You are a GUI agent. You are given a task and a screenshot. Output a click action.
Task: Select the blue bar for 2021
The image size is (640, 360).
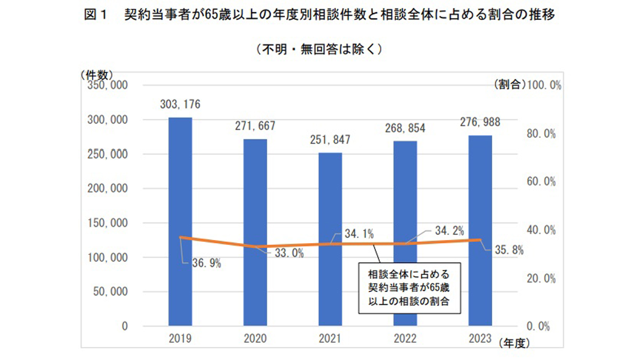[x=330, y=200]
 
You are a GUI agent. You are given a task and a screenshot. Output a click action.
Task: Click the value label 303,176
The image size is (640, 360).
[x=180, y=104]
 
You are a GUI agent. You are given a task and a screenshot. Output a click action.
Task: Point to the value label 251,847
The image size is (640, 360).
[x=330, y=140]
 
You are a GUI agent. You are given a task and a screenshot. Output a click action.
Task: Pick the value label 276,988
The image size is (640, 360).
[x=480, y=122]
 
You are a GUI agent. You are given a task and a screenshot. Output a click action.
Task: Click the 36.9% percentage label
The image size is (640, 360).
[x=206, y=263]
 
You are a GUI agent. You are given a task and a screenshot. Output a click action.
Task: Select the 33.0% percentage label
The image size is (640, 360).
[x=289, y=253]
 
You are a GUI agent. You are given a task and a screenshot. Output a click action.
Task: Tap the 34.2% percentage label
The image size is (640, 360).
[x=449, y=231]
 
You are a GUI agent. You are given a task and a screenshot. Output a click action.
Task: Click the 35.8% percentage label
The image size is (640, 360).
[x=509, y=250]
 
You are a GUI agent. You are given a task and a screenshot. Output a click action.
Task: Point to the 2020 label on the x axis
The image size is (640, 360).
[x=255, y=339]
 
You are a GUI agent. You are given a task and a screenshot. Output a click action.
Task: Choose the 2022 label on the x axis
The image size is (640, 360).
[x=405, y=339]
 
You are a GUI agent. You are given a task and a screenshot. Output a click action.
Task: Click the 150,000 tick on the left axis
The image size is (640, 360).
[x=107, y=223]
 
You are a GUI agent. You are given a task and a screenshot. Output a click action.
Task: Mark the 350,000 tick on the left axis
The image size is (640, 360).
[x=107, y=85]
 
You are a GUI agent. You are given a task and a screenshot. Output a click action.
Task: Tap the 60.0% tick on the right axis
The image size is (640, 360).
[x=541, y=182]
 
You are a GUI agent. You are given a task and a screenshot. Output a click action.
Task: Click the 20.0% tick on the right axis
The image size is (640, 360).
[x=541, y=279]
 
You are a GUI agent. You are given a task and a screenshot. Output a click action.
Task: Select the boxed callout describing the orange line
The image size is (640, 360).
[x=409, y=288]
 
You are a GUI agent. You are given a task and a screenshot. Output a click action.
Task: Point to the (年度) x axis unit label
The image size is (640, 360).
[x=514, y=343]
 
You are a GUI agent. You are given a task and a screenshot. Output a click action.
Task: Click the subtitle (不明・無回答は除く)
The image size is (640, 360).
[x=319, y=49]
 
